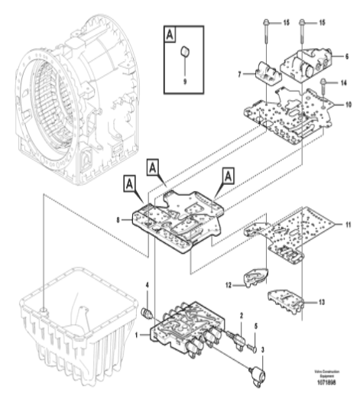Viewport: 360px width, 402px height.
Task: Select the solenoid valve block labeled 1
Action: (183, 333)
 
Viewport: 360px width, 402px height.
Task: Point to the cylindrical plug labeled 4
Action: (148, 313)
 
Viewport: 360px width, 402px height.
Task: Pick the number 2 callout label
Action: (242, 314)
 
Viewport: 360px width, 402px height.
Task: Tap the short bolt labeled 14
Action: (324, 84)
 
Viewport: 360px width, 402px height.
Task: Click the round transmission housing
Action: (76, 92)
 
